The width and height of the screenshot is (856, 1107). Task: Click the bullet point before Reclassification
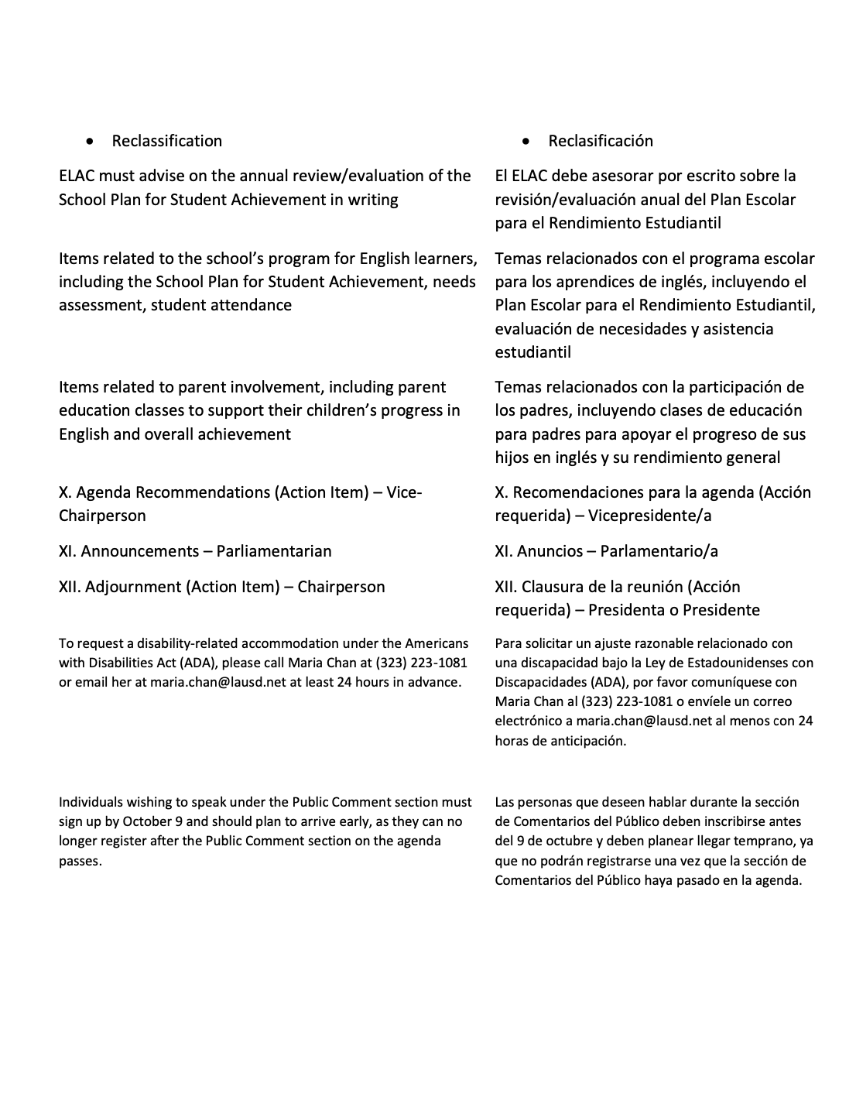(93, 142)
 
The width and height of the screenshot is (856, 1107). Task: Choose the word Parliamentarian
(274, 551)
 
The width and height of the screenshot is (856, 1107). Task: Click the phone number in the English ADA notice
(421, 663)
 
